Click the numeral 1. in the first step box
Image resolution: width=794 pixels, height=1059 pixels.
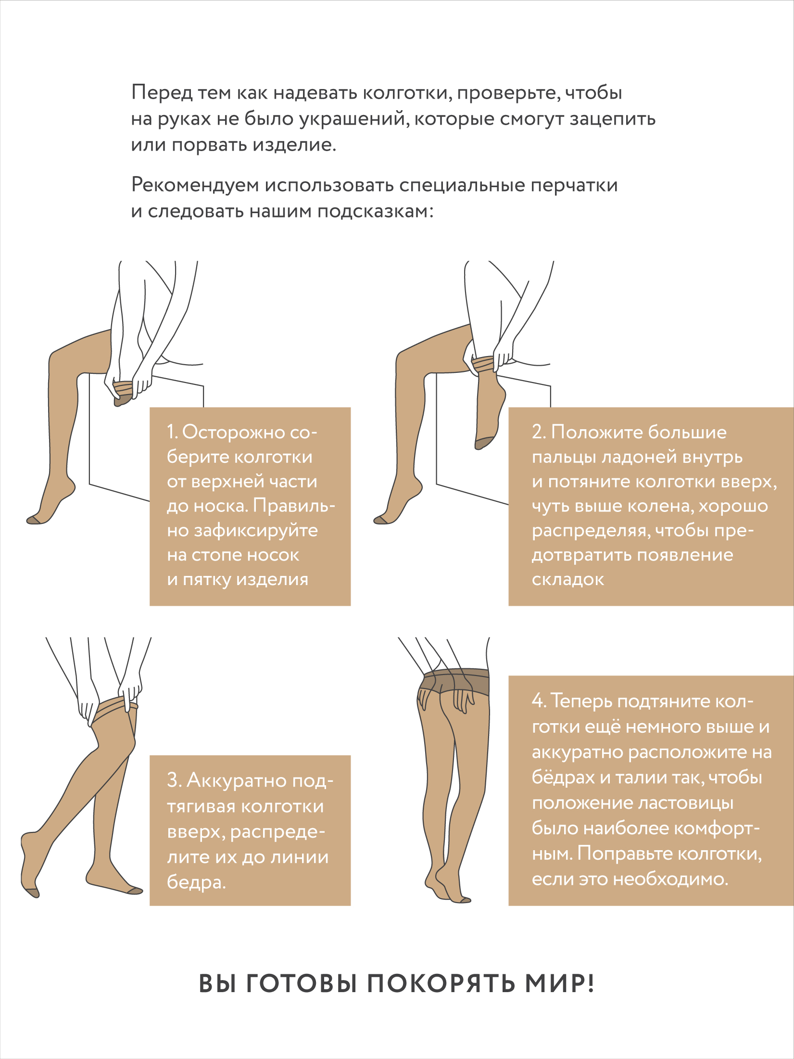172,432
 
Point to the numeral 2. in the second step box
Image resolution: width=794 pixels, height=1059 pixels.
539,432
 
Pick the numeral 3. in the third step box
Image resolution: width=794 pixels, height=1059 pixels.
174,780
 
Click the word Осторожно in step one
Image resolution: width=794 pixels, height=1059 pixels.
233,432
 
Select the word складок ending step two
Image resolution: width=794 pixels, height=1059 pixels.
568,579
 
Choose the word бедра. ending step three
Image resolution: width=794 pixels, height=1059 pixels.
196,882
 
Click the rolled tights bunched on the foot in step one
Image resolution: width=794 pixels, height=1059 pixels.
123,387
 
